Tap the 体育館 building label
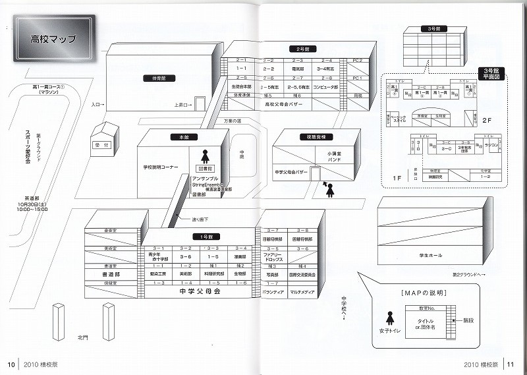coord(155,78)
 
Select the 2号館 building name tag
coord(299,49)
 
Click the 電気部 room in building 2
coord(297,69)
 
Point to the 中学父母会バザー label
coord(291,172)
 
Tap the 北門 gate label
coord(82,337)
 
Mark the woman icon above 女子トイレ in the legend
coord(389,317)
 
